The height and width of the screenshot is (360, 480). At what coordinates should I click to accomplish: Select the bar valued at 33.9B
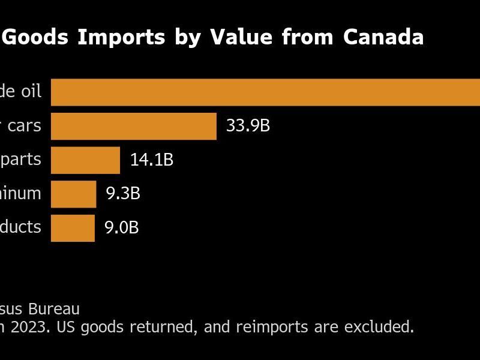[134, 126]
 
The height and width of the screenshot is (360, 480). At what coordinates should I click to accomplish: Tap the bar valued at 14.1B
[85, 160]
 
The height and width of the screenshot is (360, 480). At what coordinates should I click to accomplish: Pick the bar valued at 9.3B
[73, 194]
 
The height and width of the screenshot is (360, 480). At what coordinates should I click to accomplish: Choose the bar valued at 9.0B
[73, 228]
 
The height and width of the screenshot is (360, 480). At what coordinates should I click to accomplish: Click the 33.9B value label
[248, 126]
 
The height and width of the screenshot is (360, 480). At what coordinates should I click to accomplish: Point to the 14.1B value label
[152, 160]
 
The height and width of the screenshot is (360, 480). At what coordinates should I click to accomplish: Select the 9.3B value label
[123, 194]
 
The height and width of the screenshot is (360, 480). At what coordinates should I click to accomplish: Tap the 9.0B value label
[122, 228]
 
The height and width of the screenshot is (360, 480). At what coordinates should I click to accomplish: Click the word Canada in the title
[383, 37]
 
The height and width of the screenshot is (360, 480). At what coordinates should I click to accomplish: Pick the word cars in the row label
[25, 125]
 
